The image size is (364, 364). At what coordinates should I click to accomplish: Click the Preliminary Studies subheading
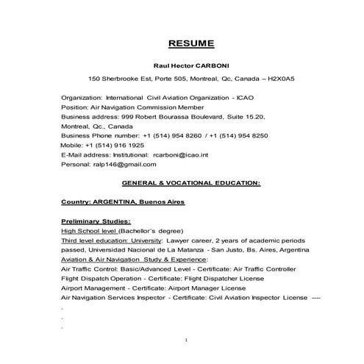click(96, 221)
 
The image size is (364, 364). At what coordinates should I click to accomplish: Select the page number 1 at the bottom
click(187, 340)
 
